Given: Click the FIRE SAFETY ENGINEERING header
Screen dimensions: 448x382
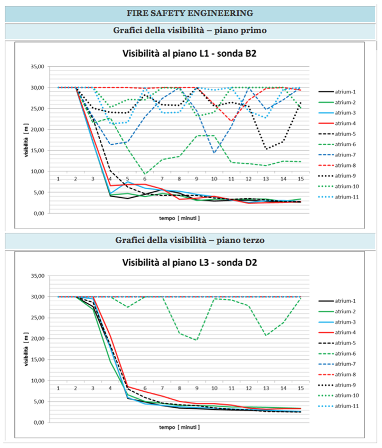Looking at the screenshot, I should [x=190, y=13].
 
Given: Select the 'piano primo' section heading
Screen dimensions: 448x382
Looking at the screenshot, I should [x=190, y=31].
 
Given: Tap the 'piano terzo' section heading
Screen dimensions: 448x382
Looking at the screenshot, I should [x=190, y=240].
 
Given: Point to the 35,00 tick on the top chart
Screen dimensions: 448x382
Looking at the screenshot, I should [x=39, y=67].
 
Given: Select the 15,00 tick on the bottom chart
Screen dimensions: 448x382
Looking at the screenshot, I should [x=39, y=359].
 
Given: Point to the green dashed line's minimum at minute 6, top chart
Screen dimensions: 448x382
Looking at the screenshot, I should [x=145, y=174].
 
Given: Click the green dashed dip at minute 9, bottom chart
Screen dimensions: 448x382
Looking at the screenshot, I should [x=197, y=340].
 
